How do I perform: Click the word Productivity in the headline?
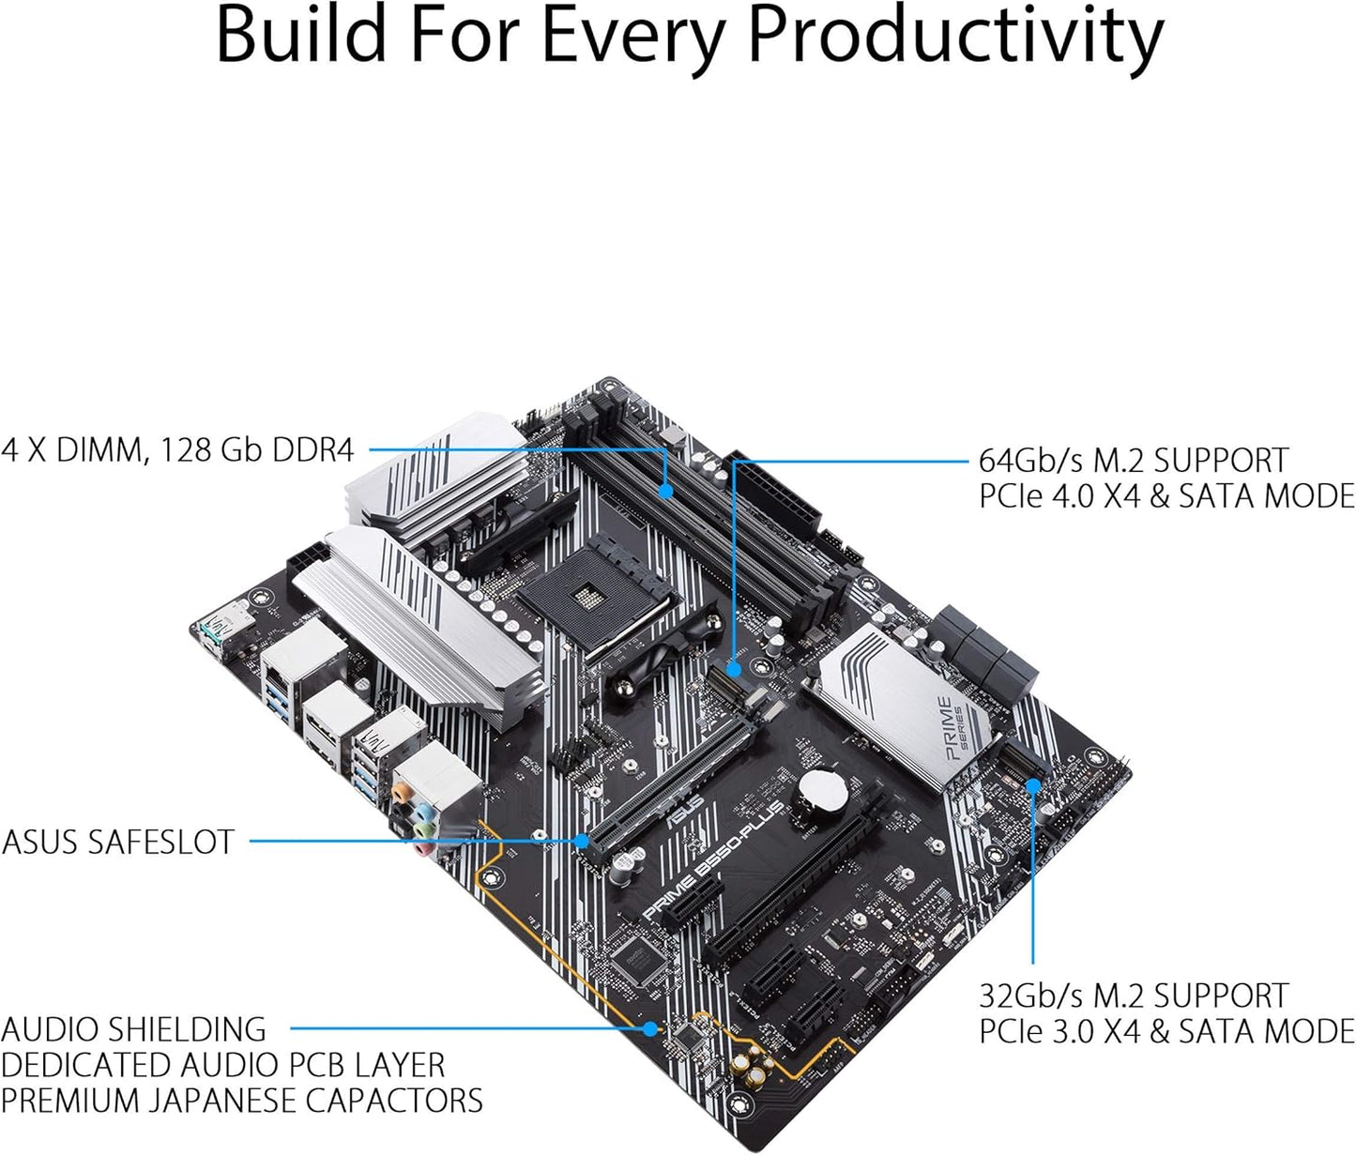pos(954,36)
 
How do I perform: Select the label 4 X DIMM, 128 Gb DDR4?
pos(177,450)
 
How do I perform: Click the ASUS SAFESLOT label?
pos(118,842)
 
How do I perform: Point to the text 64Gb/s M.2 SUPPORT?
pos(1134,461)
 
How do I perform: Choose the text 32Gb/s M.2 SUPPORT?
pos(1134,995)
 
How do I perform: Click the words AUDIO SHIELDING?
pos(134,1029)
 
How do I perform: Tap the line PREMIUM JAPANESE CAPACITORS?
pos(241,1100)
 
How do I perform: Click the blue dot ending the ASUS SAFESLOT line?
pos(583,841)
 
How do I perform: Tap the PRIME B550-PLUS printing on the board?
pos(713,861)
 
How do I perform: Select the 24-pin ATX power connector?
pos(776,498)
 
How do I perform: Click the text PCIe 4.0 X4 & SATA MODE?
pos(1166,496)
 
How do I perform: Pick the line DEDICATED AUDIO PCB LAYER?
pos(222,1065)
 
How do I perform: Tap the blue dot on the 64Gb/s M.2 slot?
pos(734,669)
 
